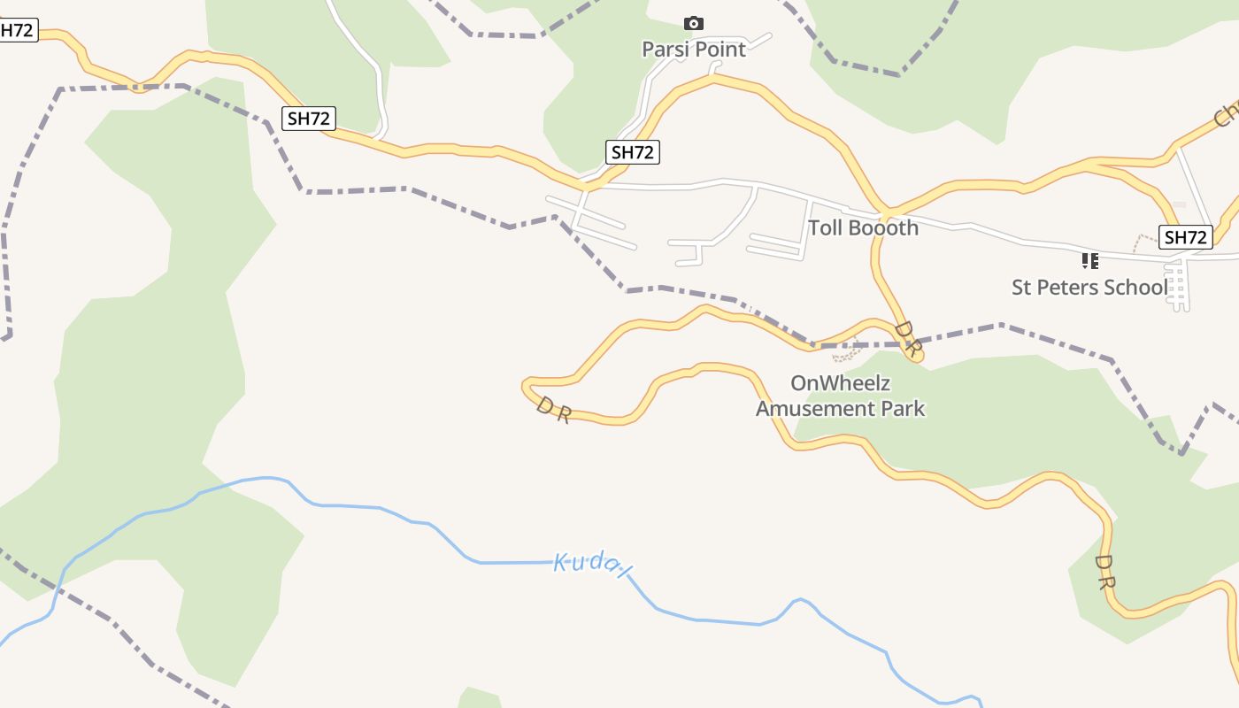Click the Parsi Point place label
coord(694,50)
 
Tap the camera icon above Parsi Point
coord(694,23)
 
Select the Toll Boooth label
coord(863,228)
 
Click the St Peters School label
coord(1089,288)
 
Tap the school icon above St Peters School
coord(1089,260)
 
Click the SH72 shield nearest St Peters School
coord(1186,237)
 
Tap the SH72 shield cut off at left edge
coord(17,30)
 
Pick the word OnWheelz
coord(840,384)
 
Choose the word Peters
coord(1070,288)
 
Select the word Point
coord(721,50)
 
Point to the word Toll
coord(825,228)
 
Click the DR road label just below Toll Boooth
coord(908,337)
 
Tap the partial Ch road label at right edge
coord(1227,113)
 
